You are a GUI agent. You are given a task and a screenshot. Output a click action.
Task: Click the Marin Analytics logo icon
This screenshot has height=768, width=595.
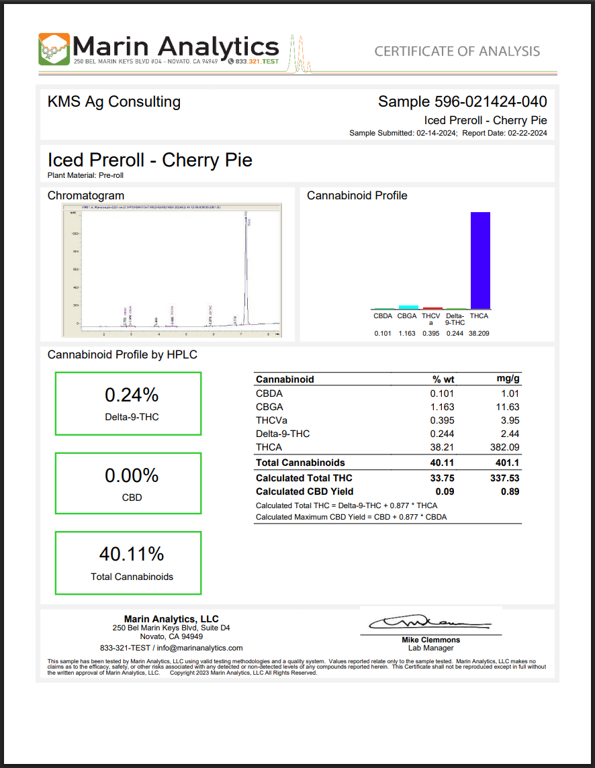54,49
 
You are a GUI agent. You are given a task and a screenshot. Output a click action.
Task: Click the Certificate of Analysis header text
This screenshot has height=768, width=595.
457,51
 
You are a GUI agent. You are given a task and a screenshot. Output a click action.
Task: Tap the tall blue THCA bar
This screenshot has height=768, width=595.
479,260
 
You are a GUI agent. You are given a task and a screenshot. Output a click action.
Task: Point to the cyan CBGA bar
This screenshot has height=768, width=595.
408,306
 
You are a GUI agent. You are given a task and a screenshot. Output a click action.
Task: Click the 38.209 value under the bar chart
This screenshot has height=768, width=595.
479,333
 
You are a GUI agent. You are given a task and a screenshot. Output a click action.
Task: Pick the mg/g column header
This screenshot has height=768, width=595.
507,379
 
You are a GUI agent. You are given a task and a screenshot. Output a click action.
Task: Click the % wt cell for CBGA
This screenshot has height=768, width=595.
442,407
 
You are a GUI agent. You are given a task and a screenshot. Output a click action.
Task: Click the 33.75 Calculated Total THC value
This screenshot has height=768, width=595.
442,478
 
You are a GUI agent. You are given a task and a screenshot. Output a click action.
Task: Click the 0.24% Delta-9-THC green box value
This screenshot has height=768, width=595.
132,394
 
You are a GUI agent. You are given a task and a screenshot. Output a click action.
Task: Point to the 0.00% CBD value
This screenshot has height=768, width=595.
132,475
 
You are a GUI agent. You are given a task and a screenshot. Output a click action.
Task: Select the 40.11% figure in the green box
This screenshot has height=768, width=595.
132,554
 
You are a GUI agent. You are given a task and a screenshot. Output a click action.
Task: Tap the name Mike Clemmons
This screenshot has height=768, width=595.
430,640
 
